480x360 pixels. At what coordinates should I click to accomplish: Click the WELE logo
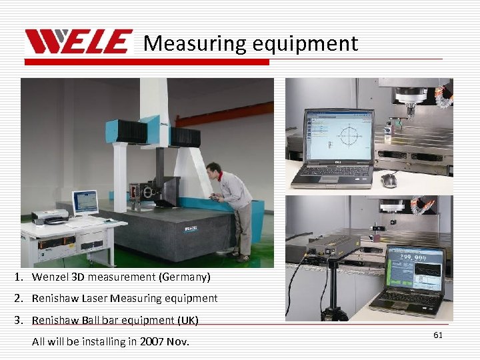(x=79, y=43)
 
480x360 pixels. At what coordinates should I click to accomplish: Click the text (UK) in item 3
(x=187, y=320)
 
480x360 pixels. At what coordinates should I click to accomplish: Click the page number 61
(x=437, y=335)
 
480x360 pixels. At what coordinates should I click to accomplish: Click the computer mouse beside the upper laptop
(x=389, y=180)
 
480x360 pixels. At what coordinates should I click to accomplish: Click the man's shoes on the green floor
(x=237, y=255)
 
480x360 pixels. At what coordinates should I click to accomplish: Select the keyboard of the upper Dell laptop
(x=331, y=172)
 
